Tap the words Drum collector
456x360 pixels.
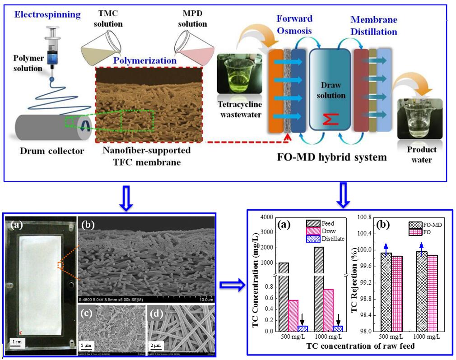pos(51,151)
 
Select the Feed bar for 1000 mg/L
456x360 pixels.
pos(319,289)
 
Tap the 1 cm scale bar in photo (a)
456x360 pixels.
pos(19,342)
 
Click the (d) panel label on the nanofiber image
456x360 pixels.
pos(155,311)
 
